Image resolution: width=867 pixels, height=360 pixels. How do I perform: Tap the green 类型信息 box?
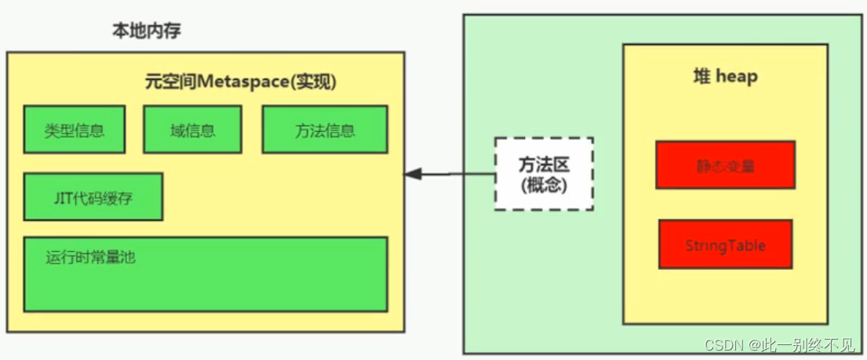(x=75, y=129)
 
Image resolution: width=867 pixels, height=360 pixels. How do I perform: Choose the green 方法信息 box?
(x=325, y=129)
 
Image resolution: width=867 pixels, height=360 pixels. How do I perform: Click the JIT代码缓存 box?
(x=93, y=197)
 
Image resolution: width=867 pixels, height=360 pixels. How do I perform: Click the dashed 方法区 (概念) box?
(x=544, y=174)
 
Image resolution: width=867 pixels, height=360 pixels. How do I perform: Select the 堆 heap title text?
(x=725, y=77)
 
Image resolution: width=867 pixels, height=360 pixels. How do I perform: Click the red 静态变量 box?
(x=725, y=165)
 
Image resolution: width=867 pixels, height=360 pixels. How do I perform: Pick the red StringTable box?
(x=725, y=245)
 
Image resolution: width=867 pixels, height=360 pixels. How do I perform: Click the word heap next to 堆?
(x=737, y=77)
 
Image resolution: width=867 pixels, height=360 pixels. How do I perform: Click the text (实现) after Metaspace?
(x=318, y=81)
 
